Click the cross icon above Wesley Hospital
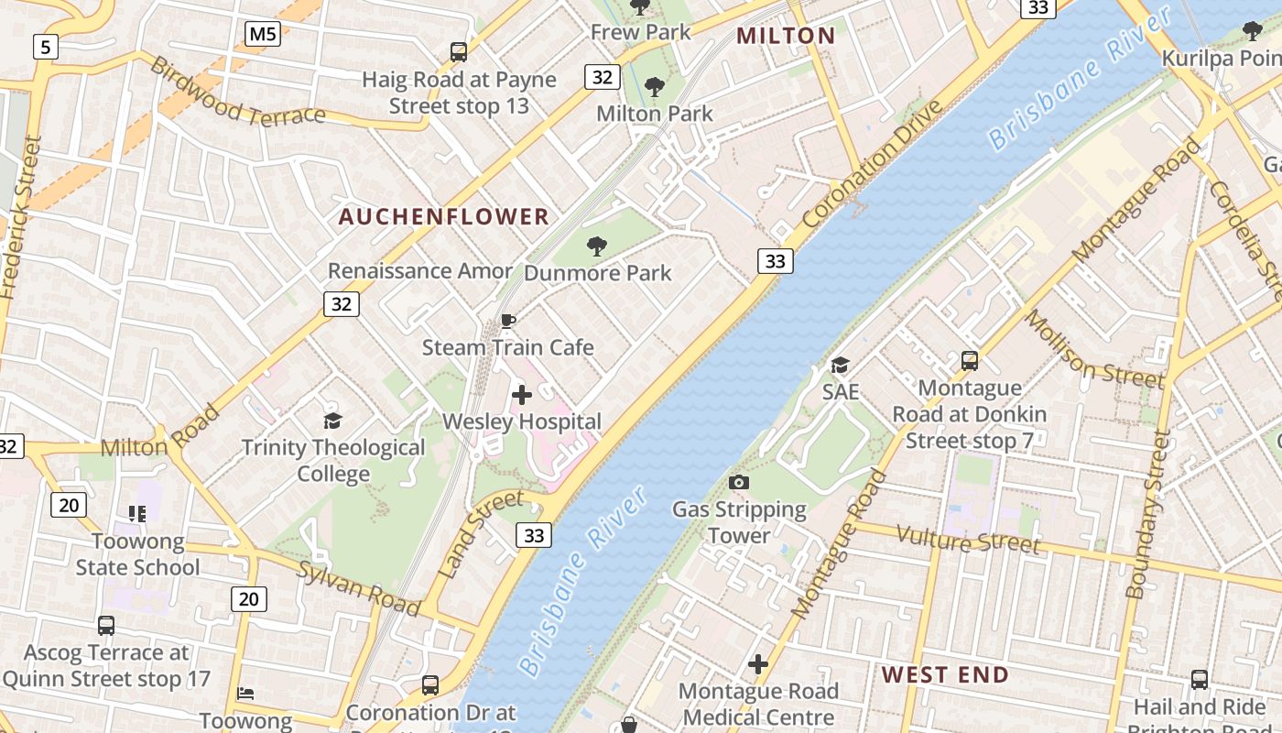522,395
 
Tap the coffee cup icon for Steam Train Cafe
507,321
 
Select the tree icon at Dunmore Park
597,246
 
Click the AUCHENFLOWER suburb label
444,217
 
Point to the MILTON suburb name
786,36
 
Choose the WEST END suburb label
945,675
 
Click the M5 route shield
263,35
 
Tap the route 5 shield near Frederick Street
45,46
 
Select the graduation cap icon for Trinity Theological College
332,421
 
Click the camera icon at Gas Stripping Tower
739,482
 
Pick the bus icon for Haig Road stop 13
459,52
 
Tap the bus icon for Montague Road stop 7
970,361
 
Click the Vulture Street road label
968,540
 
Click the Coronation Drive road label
872,165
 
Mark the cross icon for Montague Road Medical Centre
758,664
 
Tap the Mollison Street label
1093,349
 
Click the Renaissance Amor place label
420,271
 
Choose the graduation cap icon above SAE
840,366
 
